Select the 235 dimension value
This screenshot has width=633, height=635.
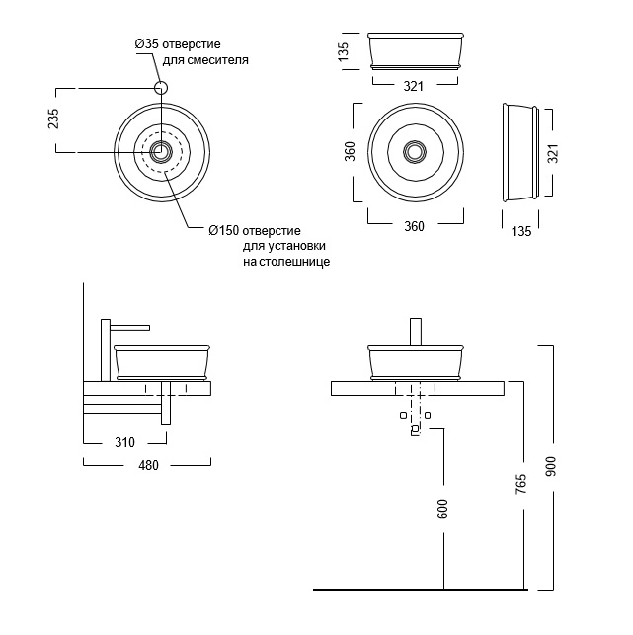[x=54, y=119]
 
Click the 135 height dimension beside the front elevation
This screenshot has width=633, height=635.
[x=345, y=51]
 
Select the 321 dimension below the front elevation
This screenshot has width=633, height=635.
[x=414, y=86]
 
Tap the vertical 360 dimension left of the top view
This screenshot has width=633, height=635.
[x=350, y=151]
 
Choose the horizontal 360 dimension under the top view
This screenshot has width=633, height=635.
[x=414, y=226]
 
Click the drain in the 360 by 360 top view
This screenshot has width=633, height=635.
[x=415, y=151]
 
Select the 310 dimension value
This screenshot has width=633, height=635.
[x=124, y=442]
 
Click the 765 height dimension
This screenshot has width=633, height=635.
[x=520, y=485]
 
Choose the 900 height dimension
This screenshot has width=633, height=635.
[x=551, y=464]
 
